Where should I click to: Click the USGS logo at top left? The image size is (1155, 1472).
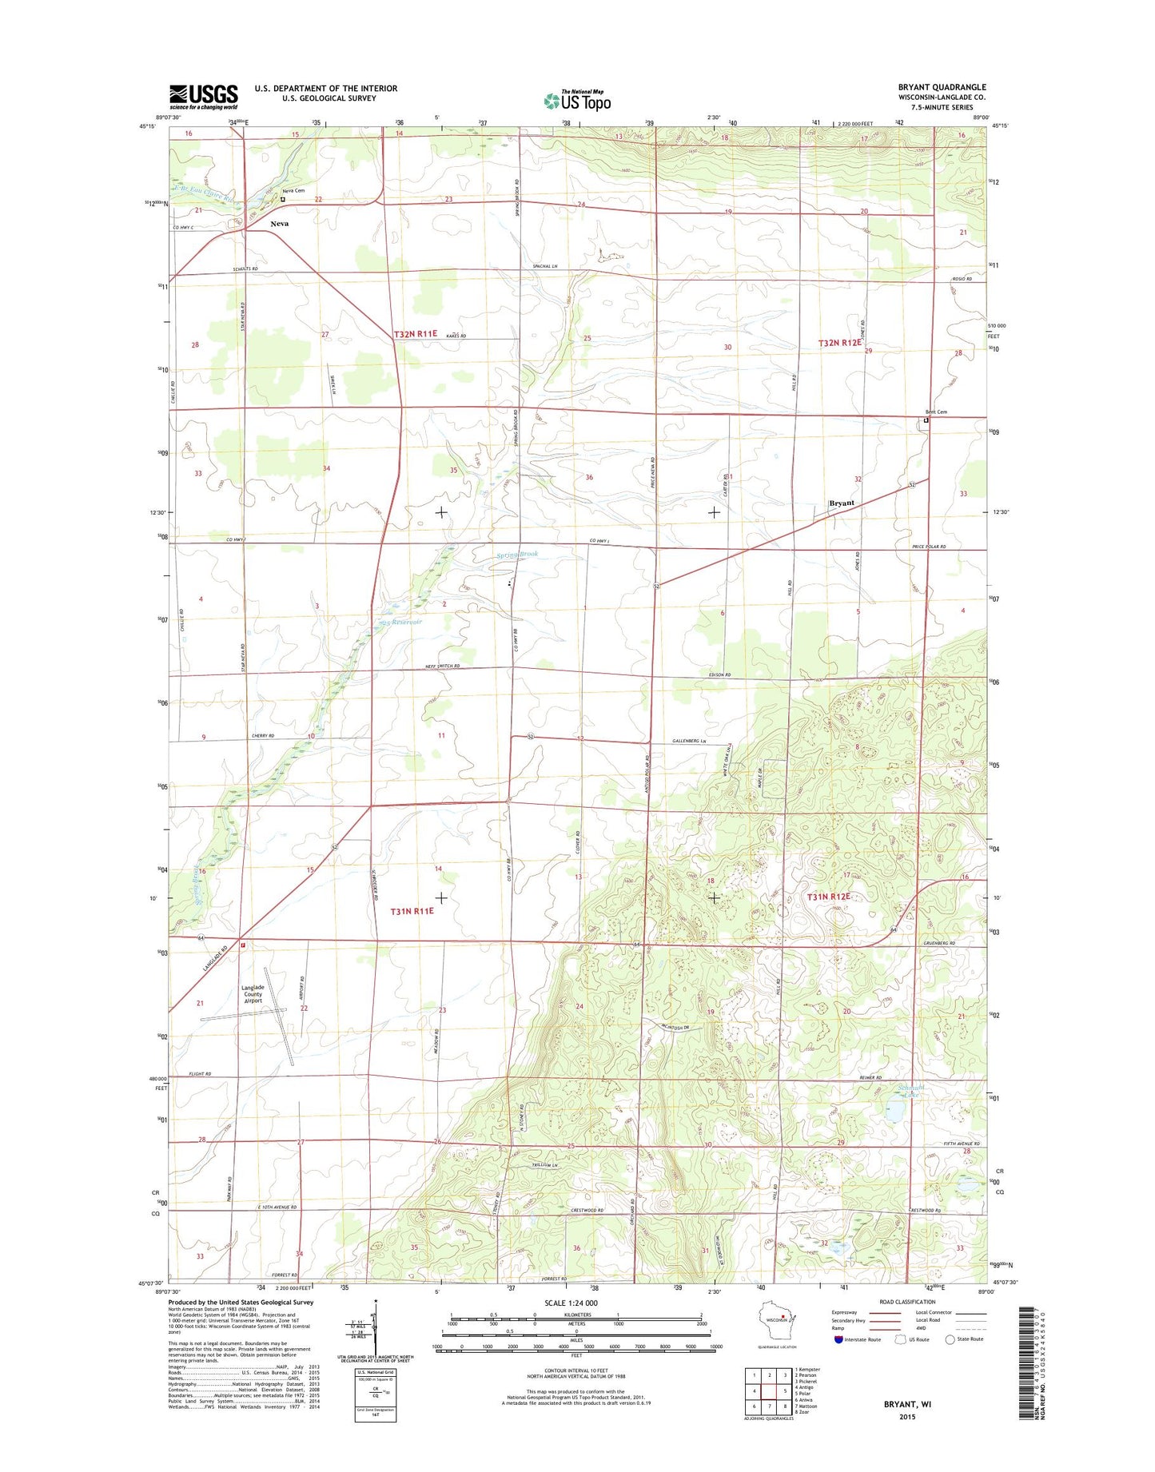[203, 97]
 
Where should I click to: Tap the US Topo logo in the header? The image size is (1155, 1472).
[577, 100]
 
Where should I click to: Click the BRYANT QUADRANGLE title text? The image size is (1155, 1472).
[942, 87]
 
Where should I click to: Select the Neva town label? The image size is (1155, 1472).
[279, 224]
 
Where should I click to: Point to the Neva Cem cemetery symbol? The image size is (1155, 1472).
[282, 199]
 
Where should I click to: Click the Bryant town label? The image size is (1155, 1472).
[842, 503]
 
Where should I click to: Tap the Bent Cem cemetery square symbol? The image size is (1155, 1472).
[926, 420]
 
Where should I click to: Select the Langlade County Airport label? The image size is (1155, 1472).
[252, 994]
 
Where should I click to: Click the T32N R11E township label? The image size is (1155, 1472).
[416, 334]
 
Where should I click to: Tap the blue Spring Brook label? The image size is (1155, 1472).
[517, 554]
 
